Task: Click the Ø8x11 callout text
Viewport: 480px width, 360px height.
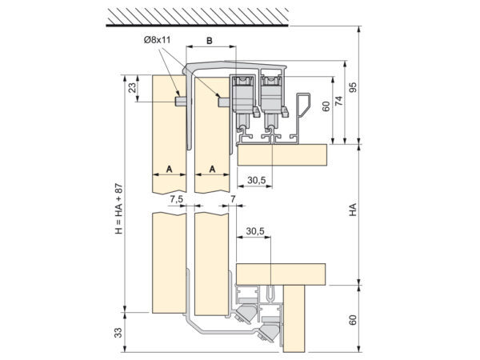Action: [157, 40]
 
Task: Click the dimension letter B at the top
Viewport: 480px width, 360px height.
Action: [210, 41]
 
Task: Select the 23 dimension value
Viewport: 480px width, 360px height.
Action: [132, 88]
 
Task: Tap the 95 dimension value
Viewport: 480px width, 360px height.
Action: [353, 88]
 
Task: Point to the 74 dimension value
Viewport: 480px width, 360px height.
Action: [339, 101]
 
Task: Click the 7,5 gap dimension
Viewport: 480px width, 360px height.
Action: [176, 199]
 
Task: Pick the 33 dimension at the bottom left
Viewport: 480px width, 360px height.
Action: [118, 332]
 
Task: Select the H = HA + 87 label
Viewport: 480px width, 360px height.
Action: [118, 209]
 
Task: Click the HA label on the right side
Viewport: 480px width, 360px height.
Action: [353, 210]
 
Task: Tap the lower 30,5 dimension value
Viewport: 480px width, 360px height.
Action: [255, 231]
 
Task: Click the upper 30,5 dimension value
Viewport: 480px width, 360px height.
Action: [257, 180]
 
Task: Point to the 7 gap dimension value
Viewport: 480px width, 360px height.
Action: [233, 199]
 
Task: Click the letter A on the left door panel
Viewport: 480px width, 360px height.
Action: [170, 169]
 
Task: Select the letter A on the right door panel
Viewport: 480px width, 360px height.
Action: [213, 169]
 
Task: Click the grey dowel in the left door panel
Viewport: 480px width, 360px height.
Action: [181, 102]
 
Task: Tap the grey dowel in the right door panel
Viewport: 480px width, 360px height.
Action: [224, 102]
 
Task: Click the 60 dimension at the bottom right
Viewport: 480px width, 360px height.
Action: [353, 320]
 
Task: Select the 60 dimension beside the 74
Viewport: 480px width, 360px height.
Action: [326, 106]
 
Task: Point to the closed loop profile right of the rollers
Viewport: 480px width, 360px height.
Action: [303, 104]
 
